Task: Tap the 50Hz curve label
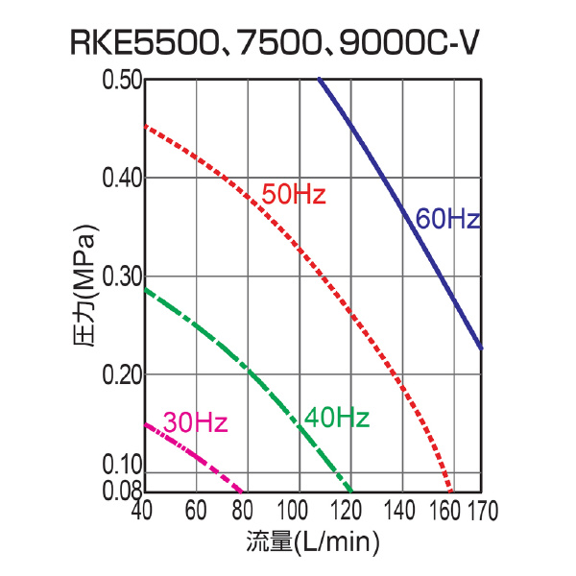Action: [x=294, y=195]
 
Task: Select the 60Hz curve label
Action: [x=447, y=219]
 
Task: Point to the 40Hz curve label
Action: [x=337, y=418]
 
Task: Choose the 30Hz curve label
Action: [x=195, y=422]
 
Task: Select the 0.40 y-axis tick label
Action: [x=122, y=179]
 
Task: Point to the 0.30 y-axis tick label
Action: [x=122, y=276]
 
